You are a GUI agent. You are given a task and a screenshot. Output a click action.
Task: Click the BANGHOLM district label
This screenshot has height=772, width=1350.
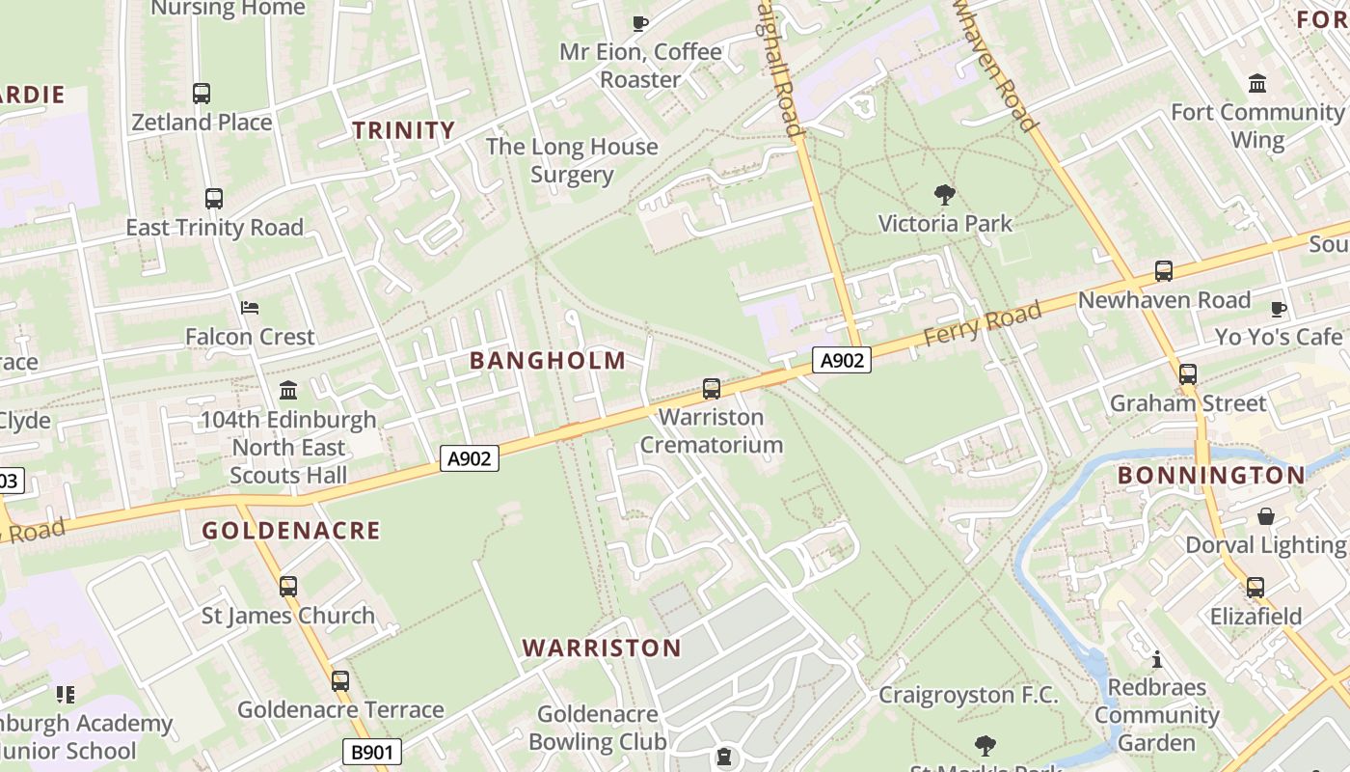tap(548, 361)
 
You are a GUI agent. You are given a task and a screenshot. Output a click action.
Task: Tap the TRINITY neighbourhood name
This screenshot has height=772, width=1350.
tap(403, 130)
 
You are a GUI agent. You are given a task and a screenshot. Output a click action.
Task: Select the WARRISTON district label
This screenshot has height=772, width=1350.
tap(602, 648)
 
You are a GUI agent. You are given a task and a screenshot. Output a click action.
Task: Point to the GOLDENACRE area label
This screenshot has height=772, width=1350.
tap(291, 531)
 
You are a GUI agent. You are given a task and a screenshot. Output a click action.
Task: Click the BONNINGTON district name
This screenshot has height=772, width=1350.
tap(1211, 476)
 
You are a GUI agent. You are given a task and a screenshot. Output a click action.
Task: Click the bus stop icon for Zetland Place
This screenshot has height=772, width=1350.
tap(202, 94)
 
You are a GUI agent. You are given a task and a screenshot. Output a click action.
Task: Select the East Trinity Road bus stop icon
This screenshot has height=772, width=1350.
tap(214, 199)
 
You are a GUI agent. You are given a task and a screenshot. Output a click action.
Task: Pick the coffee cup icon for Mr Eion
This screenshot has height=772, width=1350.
tap(639, 23)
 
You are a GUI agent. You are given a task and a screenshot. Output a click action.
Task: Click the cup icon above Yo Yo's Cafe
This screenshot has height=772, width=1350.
tap(1279, 309)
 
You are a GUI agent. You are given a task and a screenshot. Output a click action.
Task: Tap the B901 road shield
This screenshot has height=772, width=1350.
tap(371, 752)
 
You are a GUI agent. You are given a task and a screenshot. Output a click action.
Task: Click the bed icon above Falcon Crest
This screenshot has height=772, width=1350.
tap(250, 308)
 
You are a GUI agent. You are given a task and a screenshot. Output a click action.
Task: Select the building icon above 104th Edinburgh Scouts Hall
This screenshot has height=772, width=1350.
tap(288, 391)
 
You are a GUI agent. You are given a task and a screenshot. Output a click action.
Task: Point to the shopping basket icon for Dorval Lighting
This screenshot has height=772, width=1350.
tap(1265, 516)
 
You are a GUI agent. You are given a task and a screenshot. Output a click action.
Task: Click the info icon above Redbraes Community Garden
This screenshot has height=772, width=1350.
tap(1157, 660)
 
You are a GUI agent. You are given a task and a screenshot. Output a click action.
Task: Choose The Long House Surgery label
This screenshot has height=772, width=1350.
tap(572, 160)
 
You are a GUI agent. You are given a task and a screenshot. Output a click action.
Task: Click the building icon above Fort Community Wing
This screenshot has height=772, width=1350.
tap(1257, 84)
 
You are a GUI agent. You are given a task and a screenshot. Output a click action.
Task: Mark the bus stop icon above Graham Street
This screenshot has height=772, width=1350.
tap(1188, 374)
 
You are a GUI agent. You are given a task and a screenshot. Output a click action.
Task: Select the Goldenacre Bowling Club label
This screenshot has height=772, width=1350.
tap(598, 728)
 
